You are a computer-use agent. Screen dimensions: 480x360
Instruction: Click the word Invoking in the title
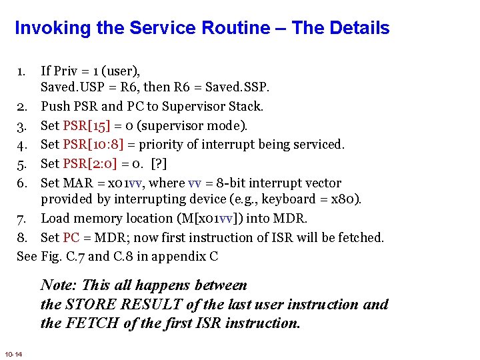tap(51, 29)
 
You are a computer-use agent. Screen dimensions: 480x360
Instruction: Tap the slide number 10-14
tap(13, 354)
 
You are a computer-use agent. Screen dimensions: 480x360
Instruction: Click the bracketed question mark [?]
tap(159, 163)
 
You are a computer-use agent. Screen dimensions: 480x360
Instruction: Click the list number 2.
tap(21, 106)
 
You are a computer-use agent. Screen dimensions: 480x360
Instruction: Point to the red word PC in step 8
tap(71, 237)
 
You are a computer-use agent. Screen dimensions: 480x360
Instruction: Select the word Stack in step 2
tap(245, 106)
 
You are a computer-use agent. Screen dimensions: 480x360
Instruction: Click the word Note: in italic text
tap(59, 285)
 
